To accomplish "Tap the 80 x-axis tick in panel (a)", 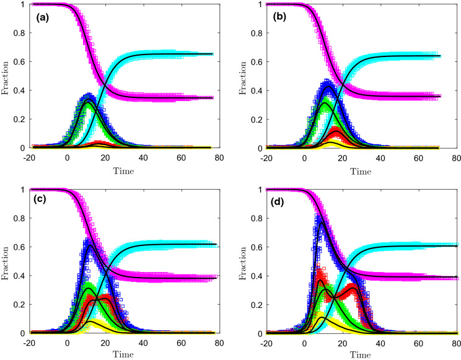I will pyautogui.click(x=219, y=157).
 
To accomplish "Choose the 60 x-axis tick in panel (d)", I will pyautogui.click(x=418, y=342).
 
